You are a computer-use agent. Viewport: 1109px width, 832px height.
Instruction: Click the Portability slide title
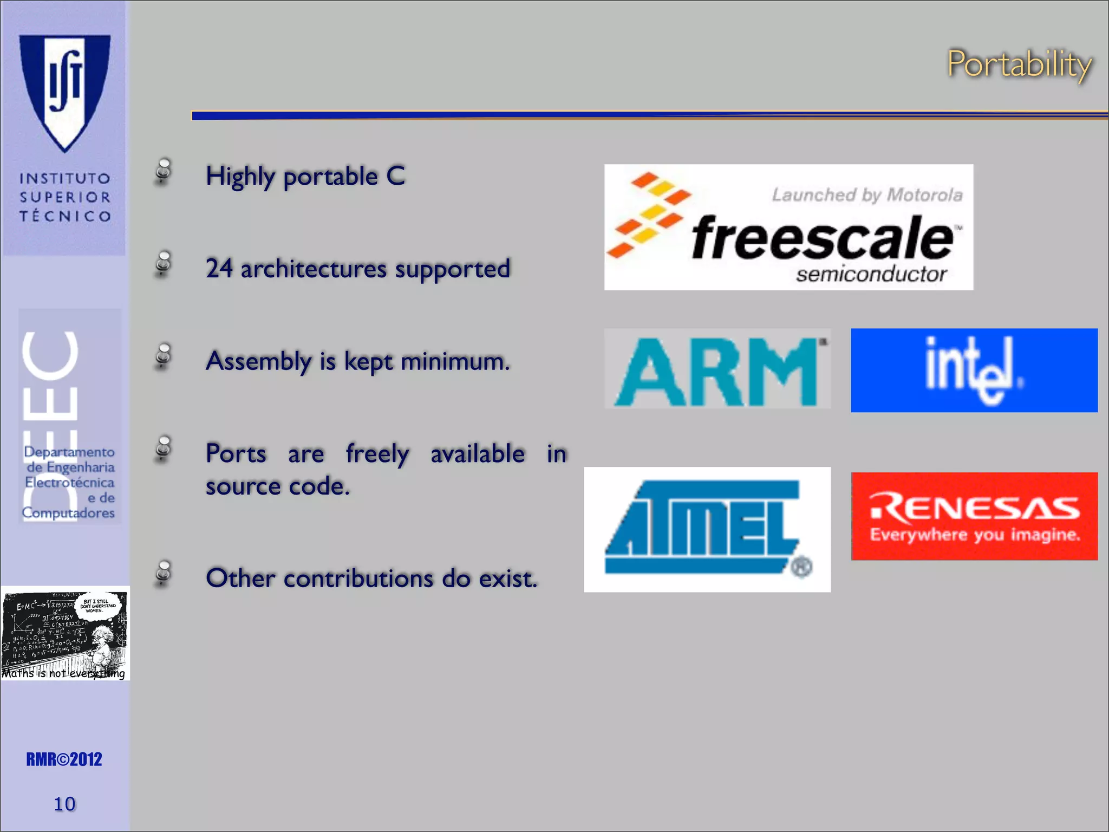(x=1019, y=64)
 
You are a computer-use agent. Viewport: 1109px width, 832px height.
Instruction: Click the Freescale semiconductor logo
(x=788, y=227)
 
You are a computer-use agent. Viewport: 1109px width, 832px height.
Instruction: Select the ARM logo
(x=717, y=369)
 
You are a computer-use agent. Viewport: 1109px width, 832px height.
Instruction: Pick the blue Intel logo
(x=974, y=370)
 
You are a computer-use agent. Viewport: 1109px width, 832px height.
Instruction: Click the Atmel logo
(x=707, y=529)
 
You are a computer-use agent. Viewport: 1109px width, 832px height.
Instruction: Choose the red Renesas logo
(x=974, y=516)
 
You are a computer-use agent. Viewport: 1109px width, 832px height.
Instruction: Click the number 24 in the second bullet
(x=219, y=269)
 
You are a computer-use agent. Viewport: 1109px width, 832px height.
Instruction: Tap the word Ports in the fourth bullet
(x=236, y=454)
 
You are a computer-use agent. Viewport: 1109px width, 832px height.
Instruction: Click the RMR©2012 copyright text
(x=64, y=759)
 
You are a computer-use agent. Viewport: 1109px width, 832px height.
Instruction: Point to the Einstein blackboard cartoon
(x=65, y=633)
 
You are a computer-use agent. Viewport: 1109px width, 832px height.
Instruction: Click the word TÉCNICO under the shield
(x=65, y=216)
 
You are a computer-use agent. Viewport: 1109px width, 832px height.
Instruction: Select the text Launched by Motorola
(x=867, y=195)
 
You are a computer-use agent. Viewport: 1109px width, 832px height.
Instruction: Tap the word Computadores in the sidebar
(x=68, y=512)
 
